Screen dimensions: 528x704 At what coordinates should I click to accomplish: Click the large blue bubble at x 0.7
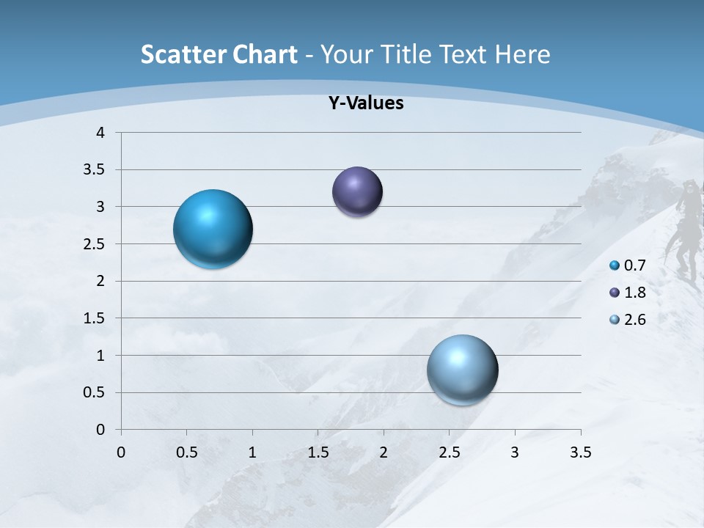tap(213, 229)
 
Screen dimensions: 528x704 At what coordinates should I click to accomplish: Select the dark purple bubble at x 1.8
tap(357, 191)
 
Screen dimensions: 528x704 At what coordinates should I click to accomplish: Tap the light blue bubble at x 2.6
tap(462, 370)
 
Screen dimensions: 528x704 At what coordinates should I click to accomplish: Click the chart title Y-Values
tap(365, 103)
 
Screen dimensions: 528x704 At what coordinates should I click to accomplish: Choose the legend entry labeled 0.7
tap(628, 265)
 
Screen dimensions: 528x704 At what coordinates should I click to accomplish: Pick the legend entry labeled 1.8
tap(628, 293)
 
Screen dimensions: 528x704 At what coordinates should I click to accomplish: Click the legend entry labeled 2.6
tap(628, 320)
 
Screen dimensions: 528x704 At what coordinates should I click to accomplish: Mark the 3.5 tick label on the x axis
tap(580, 452)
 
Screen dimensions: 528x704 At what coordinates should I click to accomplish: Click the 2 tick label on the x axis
tap(384, 452)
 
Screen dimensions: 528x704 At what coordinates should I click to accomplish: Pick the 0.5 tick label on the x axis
tap(186, 452)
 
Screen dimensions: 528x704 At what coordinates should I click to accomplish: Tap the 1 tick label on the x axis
tap(252, 452)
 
